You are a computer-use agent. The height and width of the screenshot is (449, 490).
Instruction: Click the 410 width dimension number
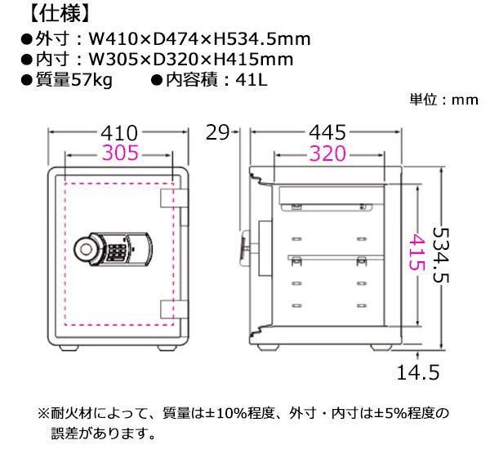[119, 132]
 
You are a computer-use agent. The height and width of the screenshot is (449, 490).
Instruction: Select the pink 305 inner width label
[120, 153]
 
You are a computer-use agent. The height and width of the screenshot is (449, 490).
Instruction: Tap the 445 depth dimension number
[327, 132]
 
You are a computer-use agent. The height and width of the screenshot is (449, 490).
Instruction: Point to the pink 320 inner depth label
[327, 153]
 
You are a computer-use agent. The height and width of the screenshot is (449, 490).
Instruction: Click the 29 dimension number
[218, 132]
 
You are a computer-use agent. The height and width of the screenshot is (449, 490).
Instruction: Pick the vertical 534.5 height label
[441, 255]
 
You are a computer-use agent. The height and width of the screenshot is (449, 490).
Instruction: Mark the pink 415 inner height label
[416, 252]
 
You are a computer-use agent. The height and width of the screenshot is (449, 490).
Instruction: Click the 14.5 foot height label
[418, 372]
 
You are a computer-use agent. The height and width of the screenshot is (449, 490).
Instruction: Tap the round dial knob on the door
[86, 249]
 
